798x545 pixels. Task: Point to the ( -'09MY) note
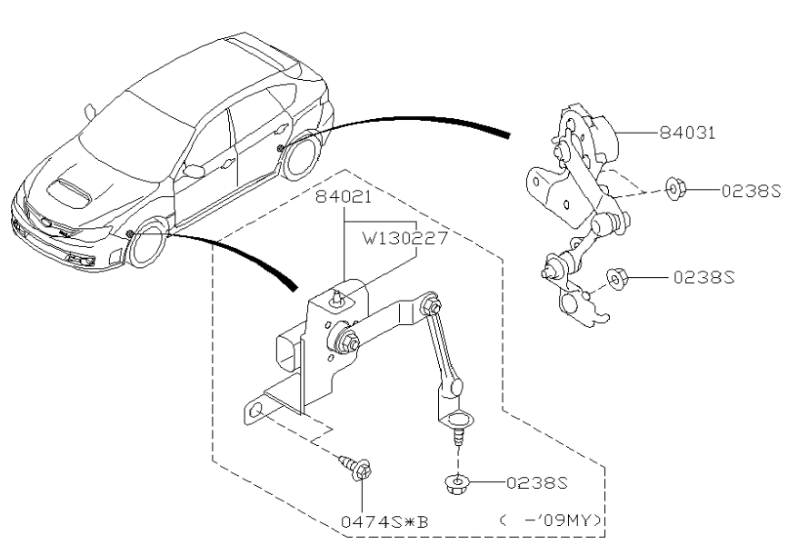point(552,520)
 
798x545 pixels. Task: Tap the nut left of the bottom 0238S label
point(458,483)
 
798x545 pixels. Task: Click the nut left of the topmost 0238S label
point(674,190)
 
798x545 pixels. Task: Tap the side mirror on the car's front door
point(193,169)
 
